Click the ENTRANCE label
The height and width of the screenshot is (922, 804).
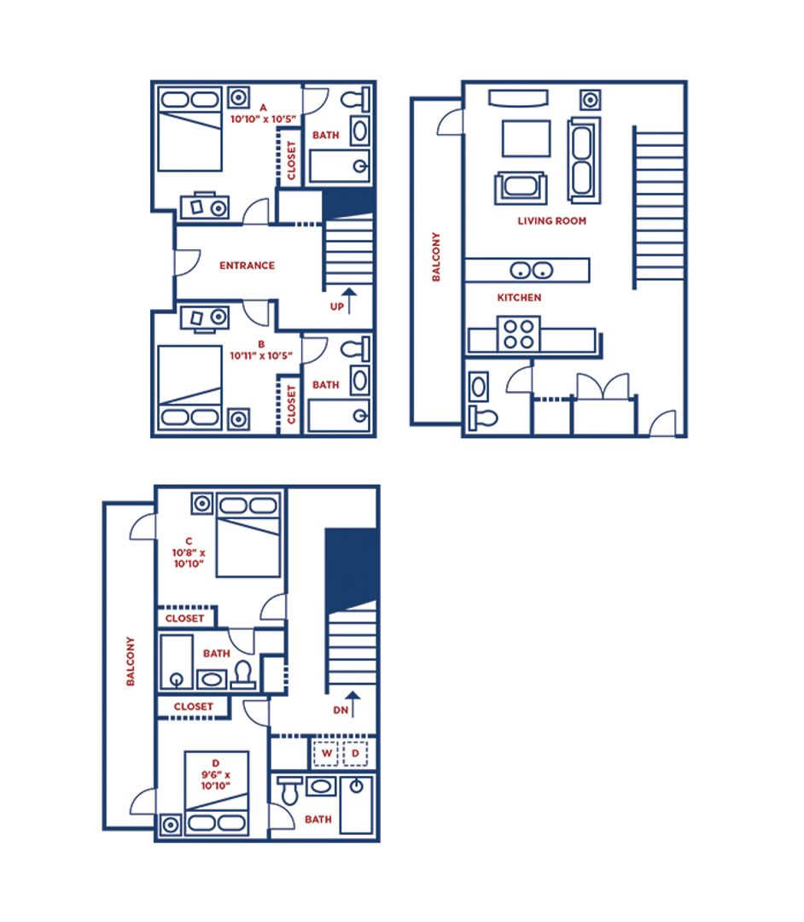pos(247,266)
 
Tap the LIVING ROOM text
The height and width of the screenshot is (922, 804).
pos(552,221)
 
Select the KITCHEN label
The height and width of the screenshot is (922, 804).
pos(519,298)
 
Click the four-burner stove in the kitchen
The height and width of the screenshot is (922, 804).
pos(518,334)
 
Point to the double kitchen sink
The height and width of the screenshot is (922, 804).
pos(532,271)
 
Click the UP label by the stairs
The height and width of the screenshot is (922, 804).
pos(337,306)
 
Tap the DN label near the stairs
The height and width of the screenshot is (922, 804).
pos(341,710)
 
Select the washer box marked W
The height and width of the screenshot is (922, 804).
pos(326,753)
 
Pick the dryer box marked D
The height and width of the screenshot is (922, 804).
pos(355,753)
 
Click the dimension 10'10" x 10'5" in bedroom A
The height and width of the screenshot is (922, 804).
pos(263,120)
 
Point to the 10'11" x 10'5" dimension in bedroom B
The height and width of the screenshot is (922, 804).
pos(261,356)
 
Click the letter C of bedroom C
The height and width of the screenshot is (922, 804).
pos(189,541)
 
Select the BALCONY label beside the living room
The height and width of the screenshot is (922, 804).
pos(436,257)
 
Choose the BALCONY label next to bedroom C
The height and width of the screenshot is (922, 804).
pos(131,661)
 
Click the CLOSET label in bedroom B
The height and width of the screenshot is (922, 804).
pos(291,404)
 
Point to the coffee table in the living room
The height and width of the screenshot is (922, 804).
pos(526,139)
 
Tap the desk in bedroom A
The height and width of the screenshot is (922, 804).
pos(204,207)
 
